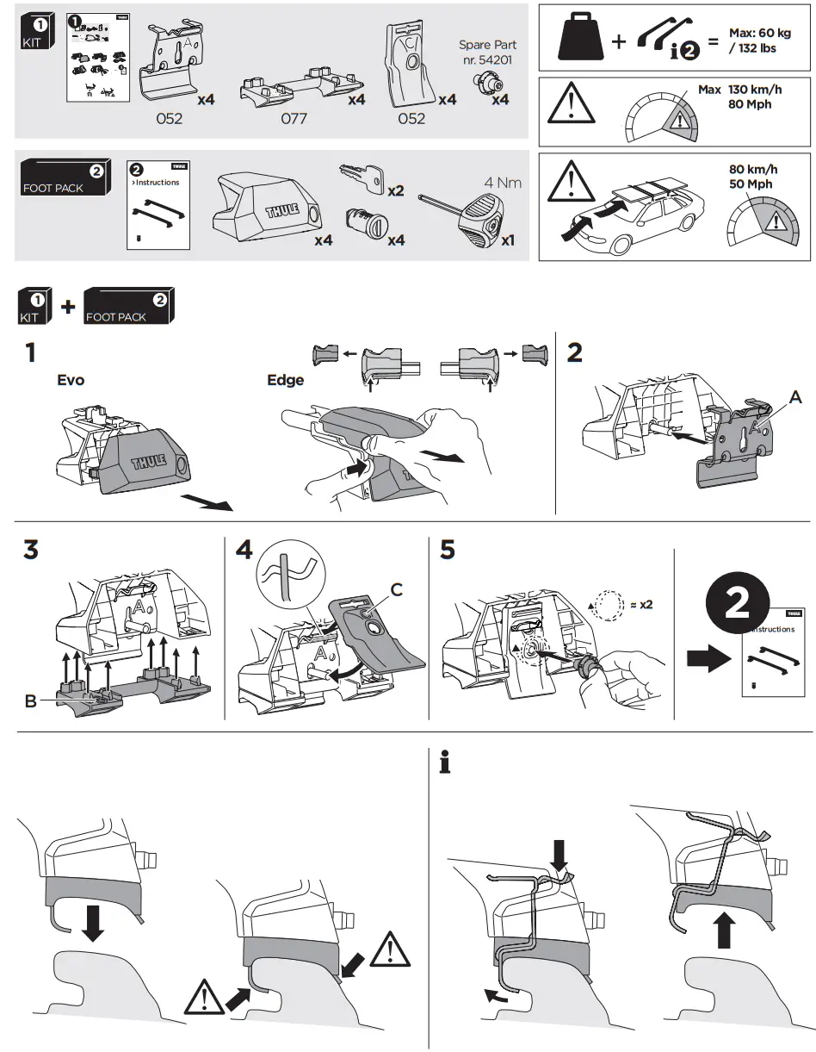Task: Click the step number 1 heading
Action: (30, 353)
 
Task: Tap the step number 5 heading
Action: (447, 549)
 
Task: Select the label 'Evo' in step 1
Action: (71, 380)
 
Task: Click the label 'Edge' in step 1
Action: (285, 380)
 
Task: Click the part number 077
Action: (294, 119)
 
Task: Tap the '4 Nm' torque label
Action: (503, 183)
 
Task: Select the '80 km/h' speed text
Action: (752, 169)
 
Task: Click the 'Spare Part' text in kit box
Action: (486, 45)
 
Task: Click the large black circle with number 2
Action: (737, 605)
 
